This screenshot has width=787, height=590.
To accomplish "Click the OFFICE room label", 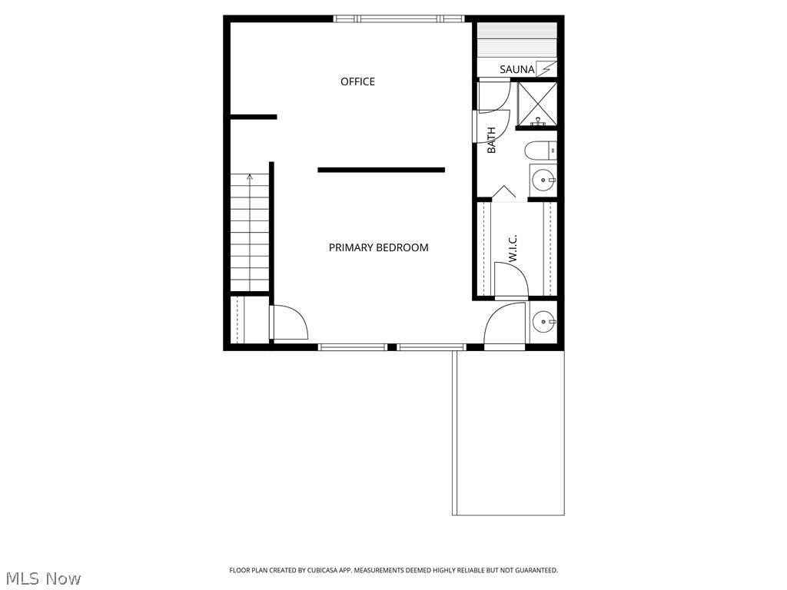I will click(x=357, y=81).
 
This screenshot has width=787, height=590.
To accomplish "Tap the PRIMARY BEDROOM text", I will click(x=378, y=247).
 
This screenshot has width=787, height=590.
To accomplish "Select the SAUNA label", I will click(x=516, y=70).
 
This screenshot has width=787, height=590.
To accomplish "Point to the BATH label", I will click(x=492, y=140).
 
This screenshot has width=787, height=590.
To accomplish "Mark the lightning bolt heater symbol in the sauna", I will click(x=546, y=69).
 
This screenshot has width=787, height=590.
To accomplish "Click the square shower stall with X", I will click(x=537, y=104).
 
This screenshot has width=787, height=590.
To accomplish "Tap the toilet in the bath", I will click(x=540, y=151).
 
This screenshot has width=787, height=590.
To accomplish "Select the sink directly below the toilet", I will click(x=543, y=181).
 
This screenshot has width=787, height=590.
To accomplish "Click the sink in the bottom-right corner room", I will click(x=543, y=320).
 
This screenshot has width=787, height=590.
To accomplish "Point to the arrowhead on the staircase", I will click(x=249, y=177).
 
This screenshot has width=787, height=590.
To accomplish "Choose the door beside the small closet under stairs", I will click(x=288, y=323).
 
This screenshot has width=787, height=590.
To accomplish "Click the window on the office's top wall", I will click(x=399, y=18).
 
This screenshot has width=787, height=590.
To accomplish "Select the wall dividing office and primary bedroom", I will click(x=381, y=170).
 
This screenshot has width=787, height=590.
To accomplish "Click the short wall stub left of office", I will click(x=254, y=117).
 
